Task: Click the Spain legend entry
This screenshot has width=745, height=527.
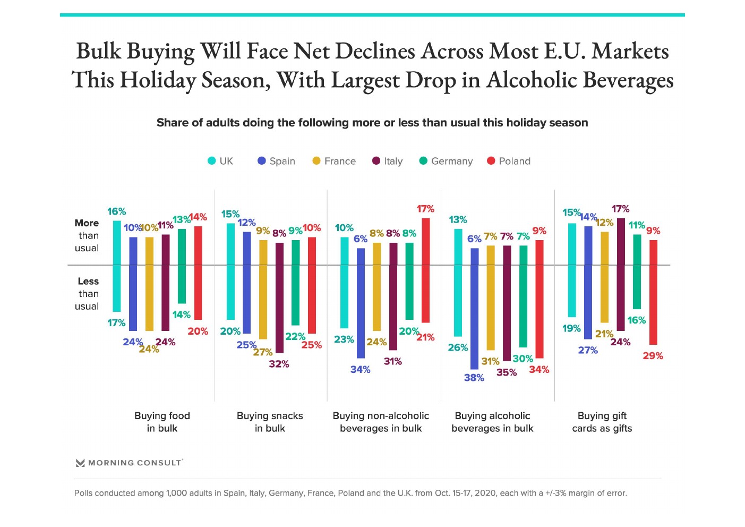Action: click(x=276, y=161)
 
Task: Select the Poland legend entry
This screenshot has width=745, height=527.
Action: click(x=509, y=161)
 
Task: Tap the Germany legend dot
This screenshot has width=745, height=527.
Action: click(x=423, y=161)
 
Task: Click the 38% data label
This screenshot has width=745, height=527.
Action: click(x=474, y=378)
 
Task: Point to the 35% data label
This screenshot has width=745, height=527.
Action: click(x=507, y=372)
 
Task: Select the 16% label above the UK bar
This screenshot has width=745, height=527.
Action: click(x=117, y=211)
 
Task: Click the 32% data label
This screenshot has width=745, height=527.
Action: click(x=279, y=364)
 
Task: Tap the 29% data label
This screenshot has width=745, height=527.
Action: click(x=653, y=356)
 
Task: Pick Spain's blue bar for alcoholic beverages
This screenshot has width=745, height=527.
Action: click(x=474, y=308)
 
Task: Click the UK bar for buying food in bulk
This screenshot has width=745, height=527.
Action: click(x=117, y=266)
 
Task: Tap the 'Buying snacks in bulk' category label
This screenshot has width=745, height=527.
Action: click(x=270, y=422)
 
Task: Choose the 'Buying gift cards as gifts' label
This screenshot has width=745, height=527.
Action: click(x=602, y=422)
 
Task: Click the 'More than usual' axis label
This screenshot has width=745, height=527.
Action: click(x=87, y=235)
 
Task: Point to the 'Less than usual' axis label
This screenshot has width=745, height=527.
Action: click(x=87, y=294)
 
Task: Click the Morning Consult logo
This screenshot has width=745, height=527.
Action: click(x=130, y=463)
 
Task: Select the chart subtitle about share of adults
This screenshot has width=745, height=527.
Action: click(x=372, y=123)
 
